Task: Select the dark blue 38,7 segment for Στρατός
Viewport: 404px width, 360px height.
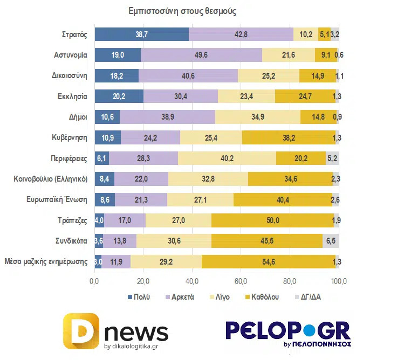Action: click(x=142, y=34)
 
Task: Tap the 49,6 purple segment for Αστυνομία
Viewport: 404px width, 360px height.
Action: click(x=201, y=55)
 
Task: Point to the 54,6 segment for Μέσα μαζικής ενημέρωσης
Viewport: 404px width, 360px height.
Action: click(x=268, y=262)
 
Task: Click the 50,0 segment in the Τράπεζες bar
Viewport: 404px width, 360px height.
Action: click(x=273, y=220)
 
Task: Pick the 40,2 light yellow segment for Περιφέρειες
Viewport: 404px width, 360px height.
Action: click(x=227, y=158)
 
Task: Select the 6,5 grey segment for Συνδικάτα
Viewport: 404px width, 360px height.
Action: click(x=331, y=241)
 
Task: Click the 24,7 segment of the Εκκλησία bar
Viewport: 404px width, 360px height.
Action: click(x=305, y=96)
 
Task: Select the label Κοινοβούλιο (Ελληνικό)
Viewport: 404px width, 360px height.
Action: click(x=50, y=179)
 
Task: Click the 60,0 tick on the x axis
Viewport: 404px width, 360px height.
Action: click(x=241, y=281)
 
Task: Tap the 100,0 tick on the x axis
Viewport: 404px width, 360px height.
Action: click(x=339, y=281)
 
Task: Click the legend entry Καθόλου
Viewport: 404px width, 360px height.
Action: click(x=262, y=297)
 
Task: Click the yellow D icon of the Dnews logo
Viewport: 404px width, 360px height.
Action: click(x=81, y=331)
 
